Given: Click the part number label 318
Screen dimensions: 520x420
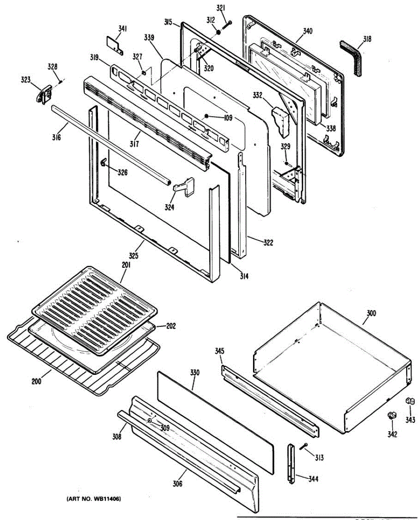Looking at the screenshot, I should [367, 39].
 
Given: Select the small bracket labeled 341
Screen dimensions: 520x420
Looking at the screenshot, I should [114, 44].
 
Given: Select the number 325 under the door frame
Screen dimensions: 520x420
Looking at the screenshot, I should [133, 256].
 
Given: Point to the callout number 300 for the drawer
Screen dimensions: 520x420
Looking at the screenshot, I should [371, 313].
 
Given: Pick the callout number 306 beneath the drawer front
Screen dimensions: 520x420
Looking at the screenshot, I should [178, 484].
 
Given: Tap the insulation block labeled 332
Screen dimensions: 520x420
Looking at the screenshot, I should [281, 119].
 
